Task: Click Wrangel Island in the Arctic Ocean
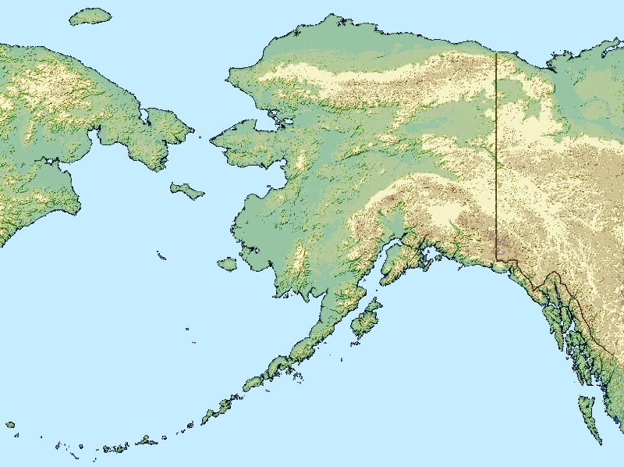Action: tap(90, 16)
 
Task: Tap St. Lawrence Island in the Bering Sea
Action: tap(187, 191)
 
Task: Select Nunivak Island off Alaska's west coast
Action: tap(227, 264)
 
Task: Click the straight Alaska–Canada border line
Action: tap(496, 156)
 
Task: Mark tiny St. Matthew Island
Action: tap(161, 255)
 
